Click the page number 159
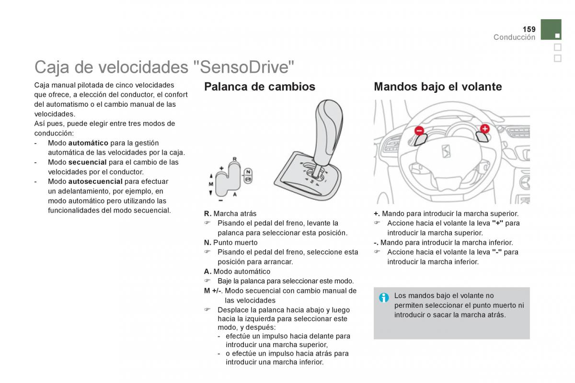[529, 29]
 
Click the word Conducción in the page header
[514, 37]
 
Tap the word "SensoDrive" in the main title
[244, 67]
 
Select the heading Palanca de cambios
[259, 87]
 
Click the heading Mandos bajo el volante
[437, 87]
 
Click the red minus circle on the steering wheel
[419, 130]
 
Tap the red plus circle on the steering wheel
[485, 128]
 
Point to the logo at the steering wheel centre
[446, 151]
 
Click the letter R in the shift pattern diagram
[235, 159]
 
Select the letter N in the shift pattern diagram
[248, 172]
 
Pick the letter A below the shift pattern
[235, 194]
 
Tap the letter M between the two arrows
[211, 184]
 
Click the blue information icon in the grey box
[384, 298]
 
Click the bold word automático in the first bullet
[88, 143]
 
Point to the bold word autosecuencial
[95, 181]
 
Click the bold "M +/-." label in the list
[213, 291]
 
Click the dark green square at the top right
[551, 30]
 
